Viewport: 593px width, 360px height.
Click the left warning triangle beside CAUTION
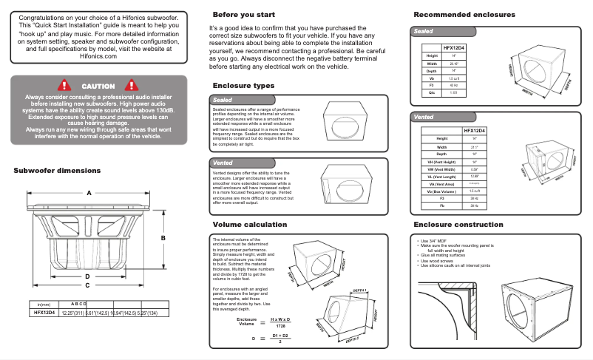[x=64, y=86]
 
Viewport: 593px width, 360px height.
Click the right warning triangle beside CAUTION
[x=132, y=86]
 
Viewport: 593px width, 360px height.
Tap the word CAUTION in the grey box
[x=98, y=86]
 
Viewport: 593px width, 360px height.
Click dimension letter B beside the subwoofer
[x=163, y=237]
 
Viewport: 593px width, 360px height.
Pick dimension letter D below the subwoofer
[x=87, y=276]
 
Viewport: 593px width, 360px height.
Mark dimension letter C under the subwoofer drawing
[x=87, y=285]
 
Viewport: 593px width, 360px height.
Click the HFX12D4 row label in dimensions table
[x=44, y=313]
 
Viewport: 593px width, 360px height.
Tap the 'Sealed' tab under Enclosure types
[x=223, y=99]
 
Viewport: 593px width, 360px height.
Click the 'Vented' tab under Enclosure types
[x=223, y=162]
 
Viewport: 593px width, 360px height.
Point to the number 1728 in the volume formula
[x=280, y=325]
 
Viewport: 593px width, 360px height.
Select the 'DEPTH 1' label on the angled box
[x=359, y=291]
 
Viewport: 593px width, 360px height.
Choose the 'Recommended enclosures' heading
[x=464, y=15]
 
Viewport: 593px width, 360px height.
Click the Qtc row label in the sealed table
[x=433, y=92]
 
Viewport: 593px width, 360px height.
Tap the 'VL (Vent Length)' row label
[x=442, y=177]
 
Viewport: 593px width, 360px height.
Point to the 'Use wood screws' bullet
[x=437, y=261]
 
